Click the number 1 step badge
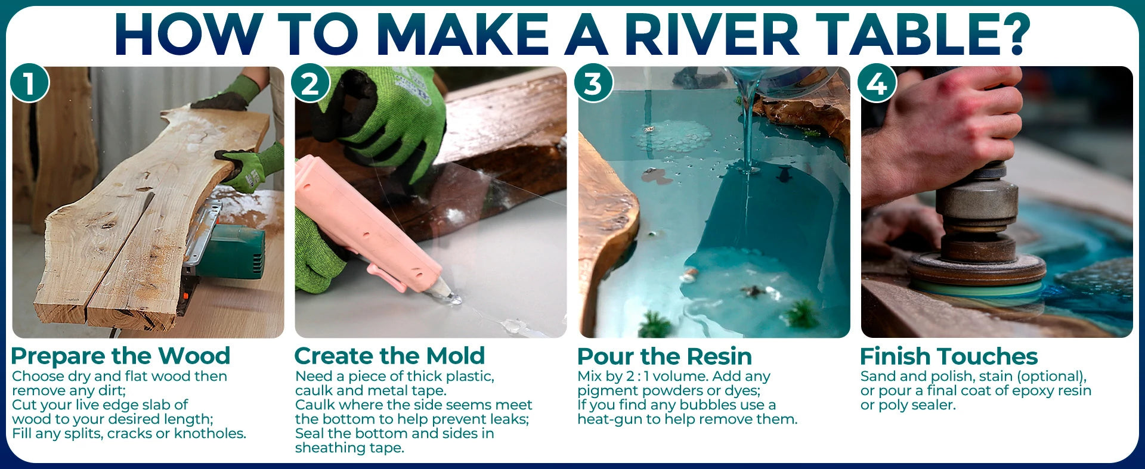click(x=29, y=83)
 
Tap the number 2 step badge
click(x=311, y=83)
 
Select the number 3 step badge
click(x=593, y=83)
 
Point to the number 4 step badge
click(x=877, y=83)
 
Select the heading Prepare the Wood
click(x=120, y=356)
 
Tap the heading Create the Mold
click(x=389, y=356)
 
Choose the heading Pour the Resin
click(x=664, y=356)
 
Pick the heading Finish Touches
click(x=949, y=356)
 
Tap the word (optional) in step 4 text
click(x=1051, y=377)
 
